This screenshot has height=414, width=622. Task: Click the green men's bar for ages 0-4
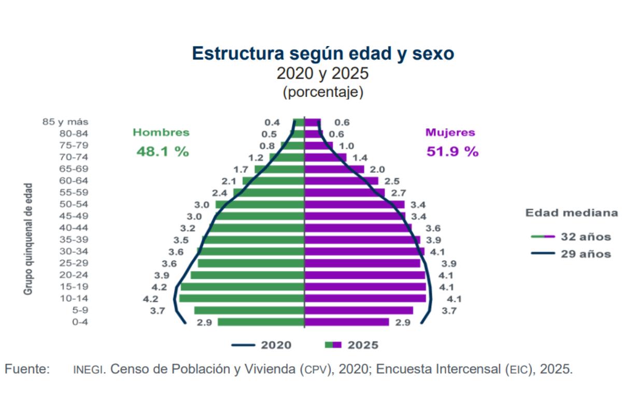pyautogui.click(x=261, y=322)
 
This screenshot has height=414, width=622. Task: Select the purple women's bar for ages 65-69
pyautogui.click(x=334, y=169)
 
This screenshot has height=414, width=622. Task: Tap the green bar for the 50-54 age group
pyautogui.click(x=260, y=204)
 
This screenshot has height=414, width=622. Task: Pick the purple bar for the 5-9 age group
pyautogui.click(x=359, y=310)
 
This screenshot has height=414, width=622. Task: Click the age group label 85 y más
pyautogui.click(x=65, y=122)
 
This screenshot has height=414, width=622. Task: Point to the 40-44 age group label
pyautogui.click(x=74, y=228)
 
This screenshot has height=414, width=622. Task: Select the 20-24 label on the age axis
pyautogui.click(x=74, y=275)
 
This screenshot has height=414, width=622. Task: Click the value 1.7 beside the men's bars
pyautogui.click(x=241, y=169)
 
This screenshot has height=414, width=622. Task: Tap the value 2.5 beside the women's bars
pyautogui.click(x=392, y=181)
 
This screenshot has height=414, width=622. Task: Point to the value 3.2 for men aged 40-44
pyautogui.click(x=188, y=229)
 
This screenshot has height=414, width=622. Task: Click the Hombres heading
pyautogui.click(x=161, y=132)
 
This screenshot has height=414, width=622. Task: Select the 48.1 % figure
pyautogui.click(x=163, y=152)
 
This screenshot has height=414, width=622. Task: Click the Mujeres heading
pyautogui.click(x=450, y=132)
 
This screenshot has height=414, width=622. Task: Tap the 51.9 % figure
pyautogui.click(x=453, y=152)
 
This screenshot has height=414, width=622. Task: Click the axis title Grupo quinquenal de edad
pyautogui.click(x=28, y=239)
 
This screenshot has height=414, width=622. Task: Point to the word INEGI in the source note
pyautogui.click(x=88, y=369)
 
